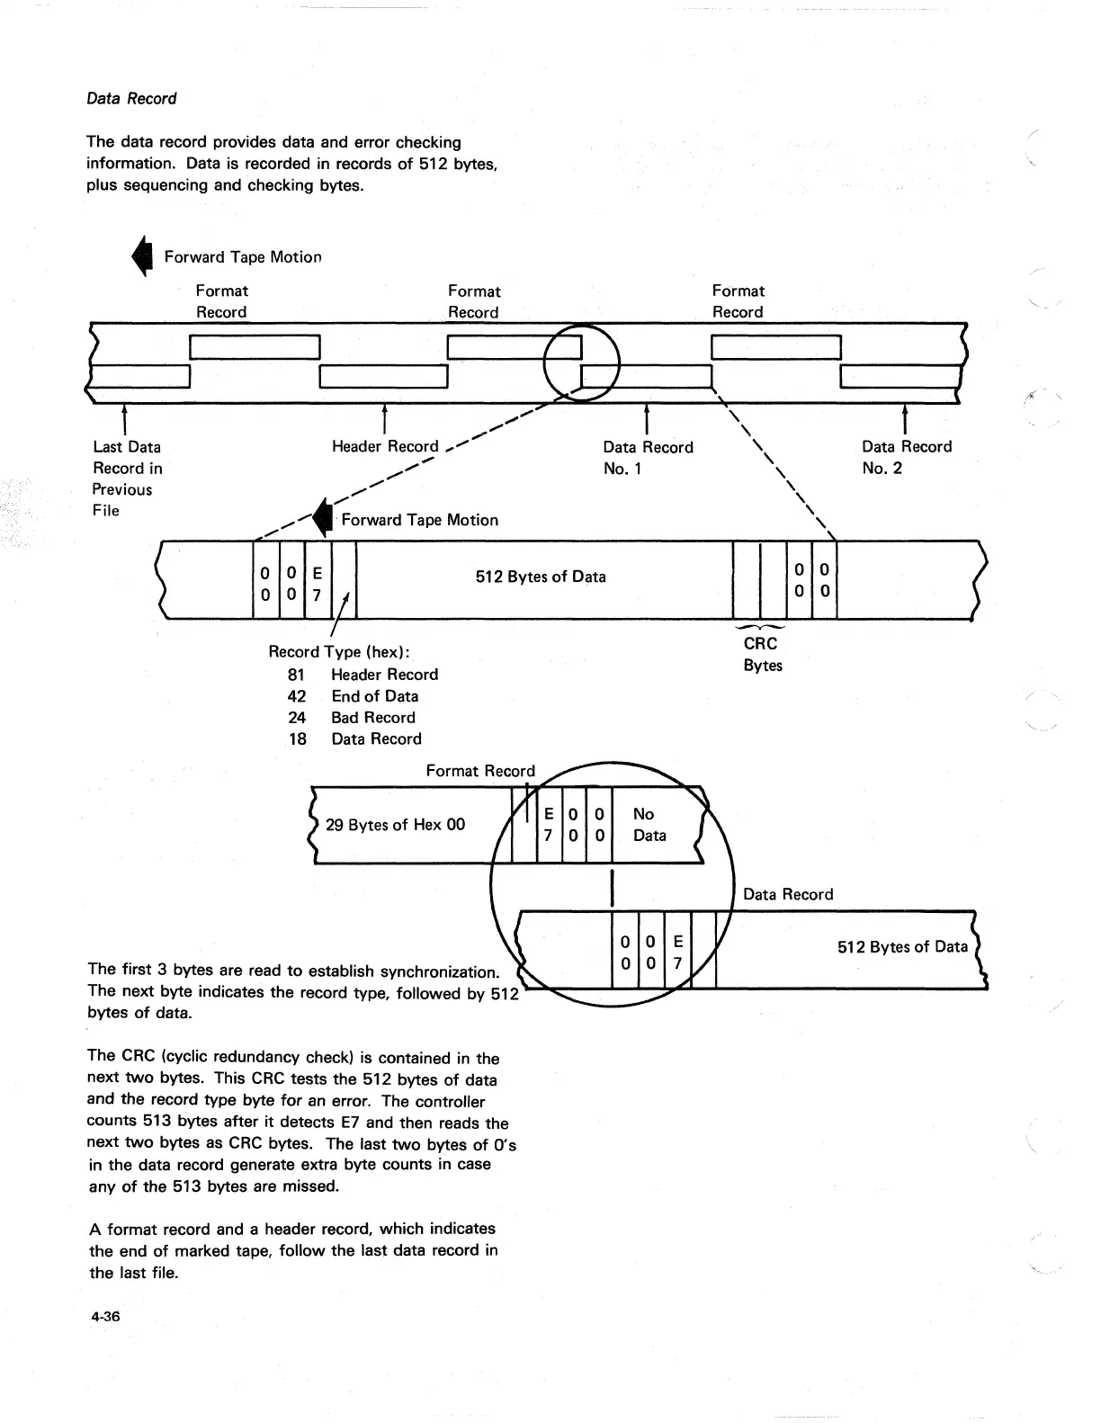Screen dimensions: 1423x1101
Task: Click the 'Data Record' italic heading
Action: click(x=131, y=99)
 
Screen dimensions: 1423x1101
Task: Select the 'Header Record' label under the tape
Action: click(x=385, y=447)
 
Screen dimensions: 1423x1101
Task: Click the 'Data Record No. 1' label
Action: click(x=648, y=458)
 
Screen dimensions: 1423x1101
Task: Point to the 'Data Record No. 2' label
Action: click(x=906, y=457)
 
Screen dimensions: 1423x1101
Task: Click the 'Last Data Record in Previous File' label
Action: click(x=126, y=479)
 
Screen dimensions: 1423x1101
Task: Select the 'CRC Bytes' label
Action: click(x=762, y=655)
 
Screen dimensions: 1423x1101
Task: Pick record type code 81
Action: click(x=297, y=675)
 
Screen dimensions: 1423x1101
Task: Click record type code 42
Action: click(x=297, y=696)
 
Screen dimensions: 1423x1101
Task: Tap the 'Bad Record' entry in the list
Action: click(x=373, y=718)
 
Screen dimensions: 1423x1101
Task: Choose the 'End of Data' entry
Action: click(x=374, y=696)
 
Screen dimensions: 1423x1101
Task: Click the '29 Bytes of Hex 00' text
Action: click(x=395, y=825)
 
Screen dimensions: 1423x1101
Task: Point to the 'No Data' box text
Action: click(x=649, y=825)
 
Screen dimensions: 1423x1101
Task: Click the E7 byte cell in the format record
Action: click(x=549, y=825)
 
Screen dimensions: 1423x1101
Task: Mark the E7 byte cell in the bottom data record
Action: click(x=678, y=953)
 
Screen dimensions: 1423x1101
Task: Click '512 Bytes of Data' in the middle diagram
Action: click(x=541, y=577)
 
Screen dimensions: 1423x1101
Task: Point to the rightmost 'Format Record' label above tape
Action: click(x=738, y=301)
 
